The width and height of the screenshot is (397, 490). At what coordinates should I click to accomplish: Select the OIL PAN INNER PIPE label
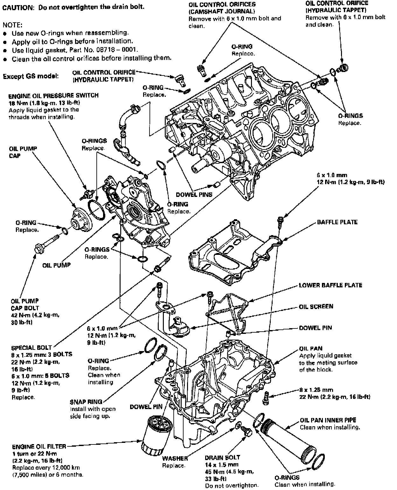328,420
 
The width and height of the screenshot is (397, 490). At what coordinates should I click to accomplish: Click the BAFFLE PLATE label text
337,222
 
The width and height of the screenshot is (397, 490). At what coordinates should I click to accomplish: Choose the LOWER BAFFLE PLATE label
331,285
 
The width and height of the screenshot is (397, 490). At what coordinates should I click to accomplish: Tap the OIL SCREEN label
316,306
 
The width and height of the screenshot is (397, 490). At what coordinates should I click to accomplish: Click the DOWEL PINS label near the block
194,195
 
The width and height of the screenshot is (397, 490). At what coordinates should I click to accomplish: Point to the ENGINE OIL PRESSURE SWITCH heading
53,96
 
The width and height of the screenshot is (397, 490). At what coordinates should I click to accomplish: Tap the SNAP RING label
86,402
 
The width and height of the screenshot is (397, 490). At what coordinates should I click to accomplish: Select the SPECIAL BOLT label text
31,348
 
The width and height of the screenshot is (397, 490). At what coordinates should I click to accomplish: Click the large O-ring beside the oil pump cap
96,210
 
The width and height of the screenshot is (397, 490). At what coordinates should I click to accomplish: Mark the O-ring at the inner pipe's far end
318,462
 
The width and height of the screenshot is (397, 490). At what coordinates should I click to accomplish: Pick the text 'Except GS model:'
31,76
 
